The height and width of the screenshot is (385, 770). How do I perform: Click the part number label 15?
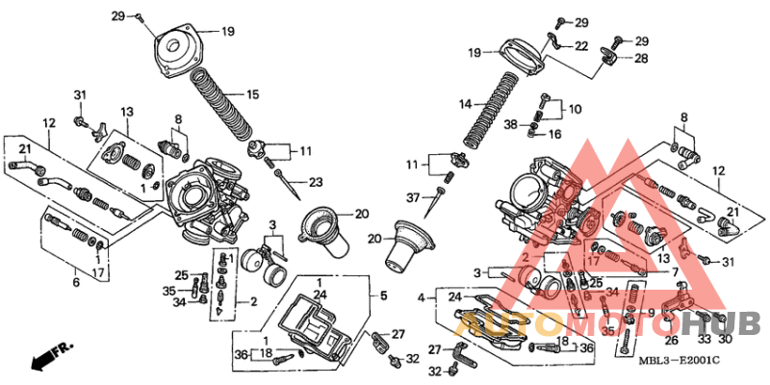252,94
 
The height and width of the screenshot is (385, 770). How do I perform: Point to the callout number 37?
412,197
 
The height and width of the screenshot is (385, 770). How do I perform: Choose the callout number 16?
554,135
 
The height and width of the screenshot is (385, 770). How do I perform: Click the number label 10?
577,109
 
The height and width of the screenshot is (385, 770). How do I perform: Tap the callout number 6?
75,281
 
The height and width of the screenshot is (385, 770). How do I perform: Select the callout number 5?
382,295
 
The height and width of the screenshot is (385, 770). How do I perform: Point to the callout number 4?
420,298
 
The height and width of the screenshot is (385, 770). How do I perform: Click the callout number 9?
652,312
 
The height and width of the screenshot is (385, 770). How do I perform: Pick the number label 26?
671,339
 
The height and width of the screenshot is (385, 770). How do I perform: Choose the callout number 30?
725,339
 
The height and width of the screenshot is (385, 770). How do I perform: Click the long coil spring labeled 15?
222,106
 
